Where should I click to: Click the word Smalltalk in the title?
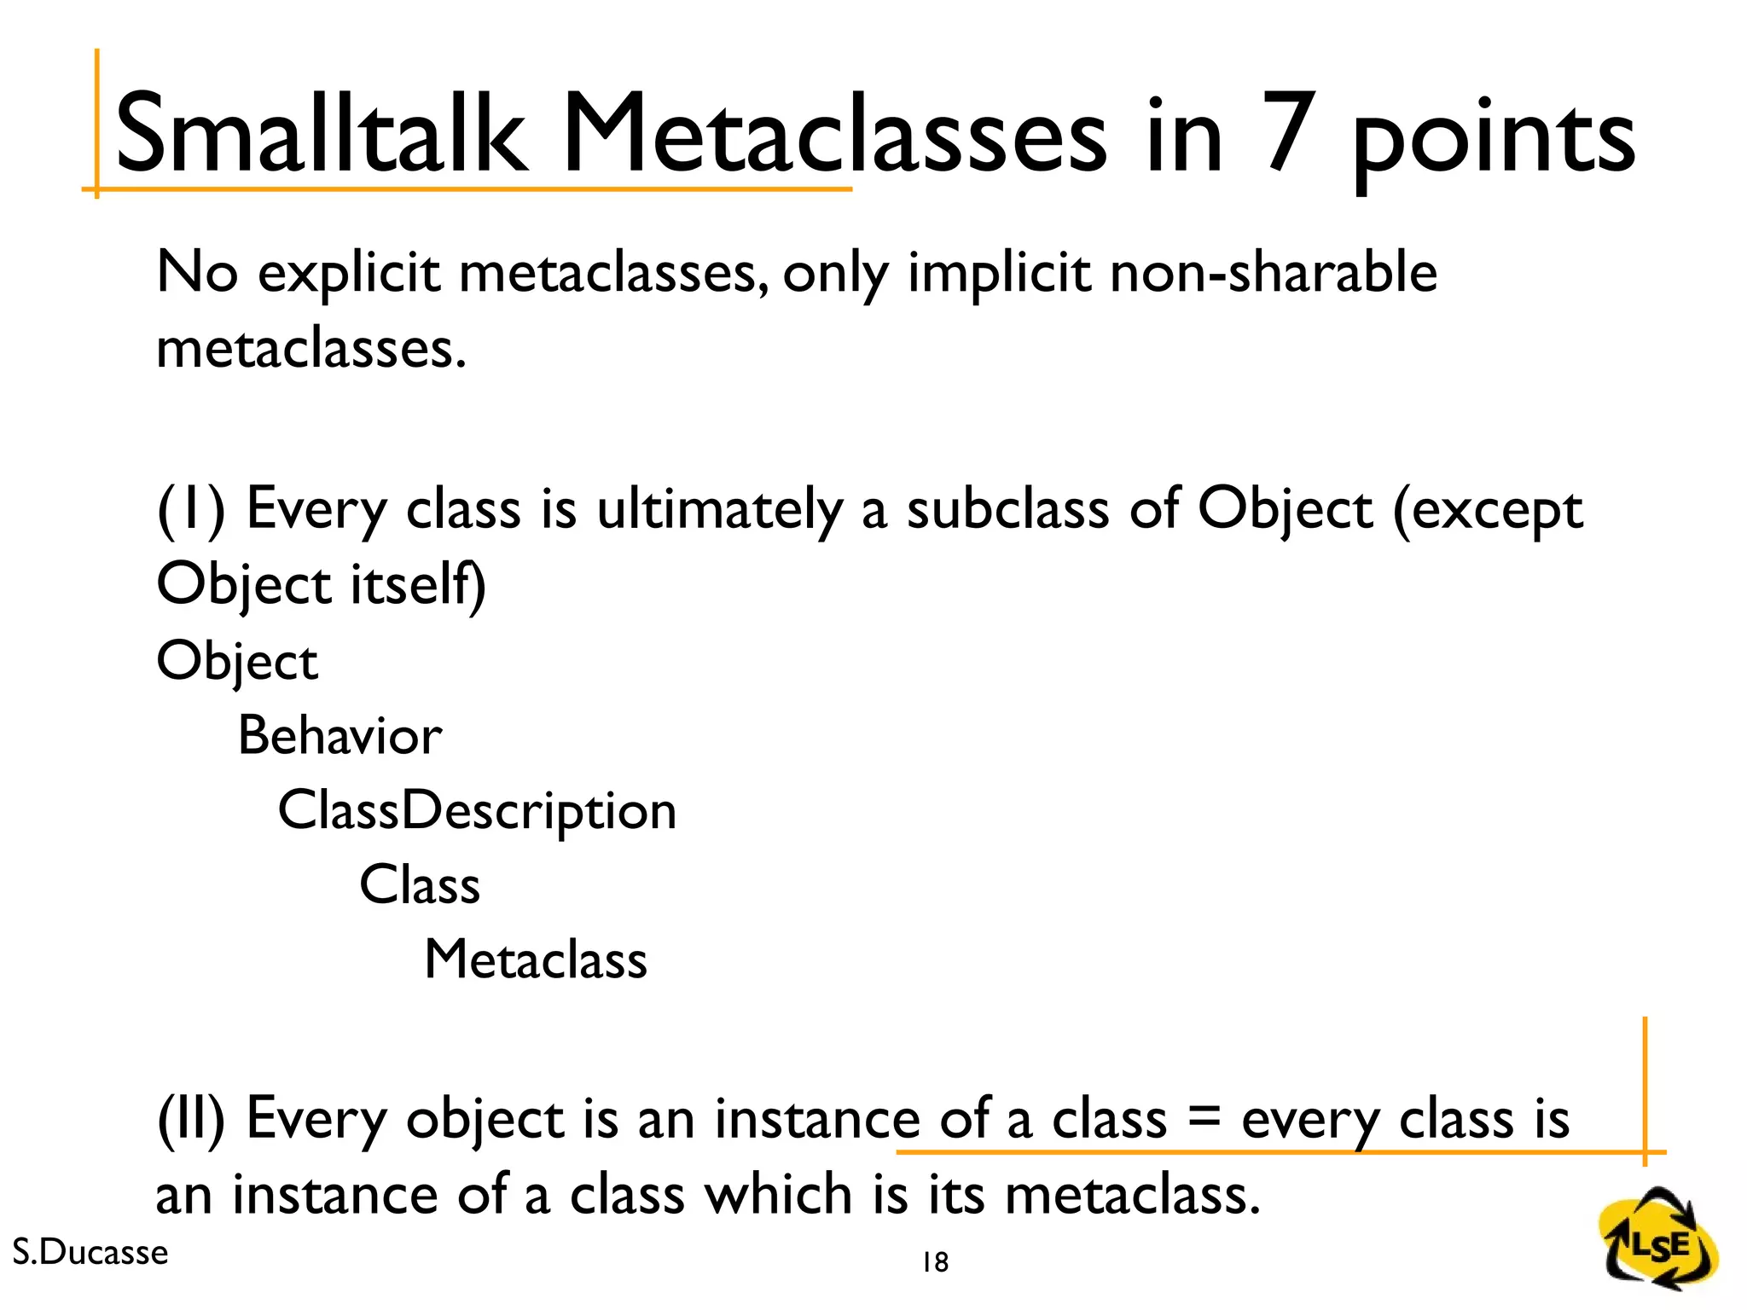click(x=320, y=135)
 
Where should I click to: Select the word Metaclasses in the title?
click(x=834, y=135)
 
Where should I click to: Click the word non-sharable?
click(x=1273, y=273)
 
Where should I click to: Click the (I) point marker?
click(x=191, y=510)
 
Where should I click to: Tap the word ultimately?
click(x=718, y=510)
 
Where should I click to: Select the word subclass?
click(x=1007, y=510)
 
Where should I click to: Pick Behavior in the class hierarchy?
click(x=340, y=735)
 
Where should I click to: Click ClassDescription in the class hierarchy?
click(x=477, y=810)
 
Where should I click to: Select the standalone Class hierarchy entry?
click(x=419, y=884)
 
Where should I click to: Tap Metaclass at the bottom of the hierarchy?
click(x=536, y=959)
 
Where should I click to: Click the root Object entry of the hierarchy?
click(x=237, y=661)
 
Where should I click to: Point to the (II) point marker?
click(x=191, y=1119)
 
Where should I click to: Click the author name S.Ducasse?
click(x=90, y=1252)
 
